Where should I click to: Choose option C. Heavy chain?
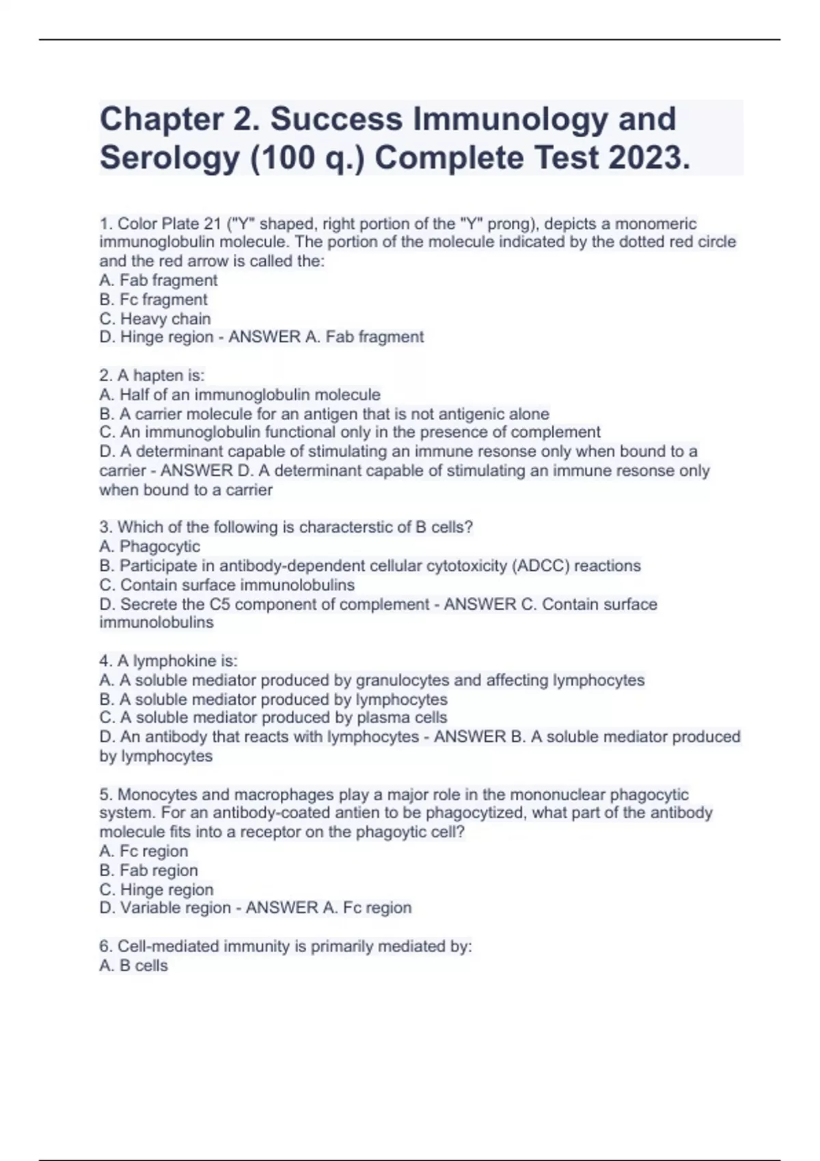pos(155,319)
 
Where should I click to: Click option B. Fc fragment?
pos(153,300)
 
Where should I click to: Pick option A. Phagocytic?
pos(150,546)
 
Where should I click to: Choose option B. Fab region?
pos(148,871)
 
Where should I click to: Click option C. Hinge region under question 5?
pos(156,890)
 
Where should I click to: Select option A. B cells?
pos(133,966)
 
